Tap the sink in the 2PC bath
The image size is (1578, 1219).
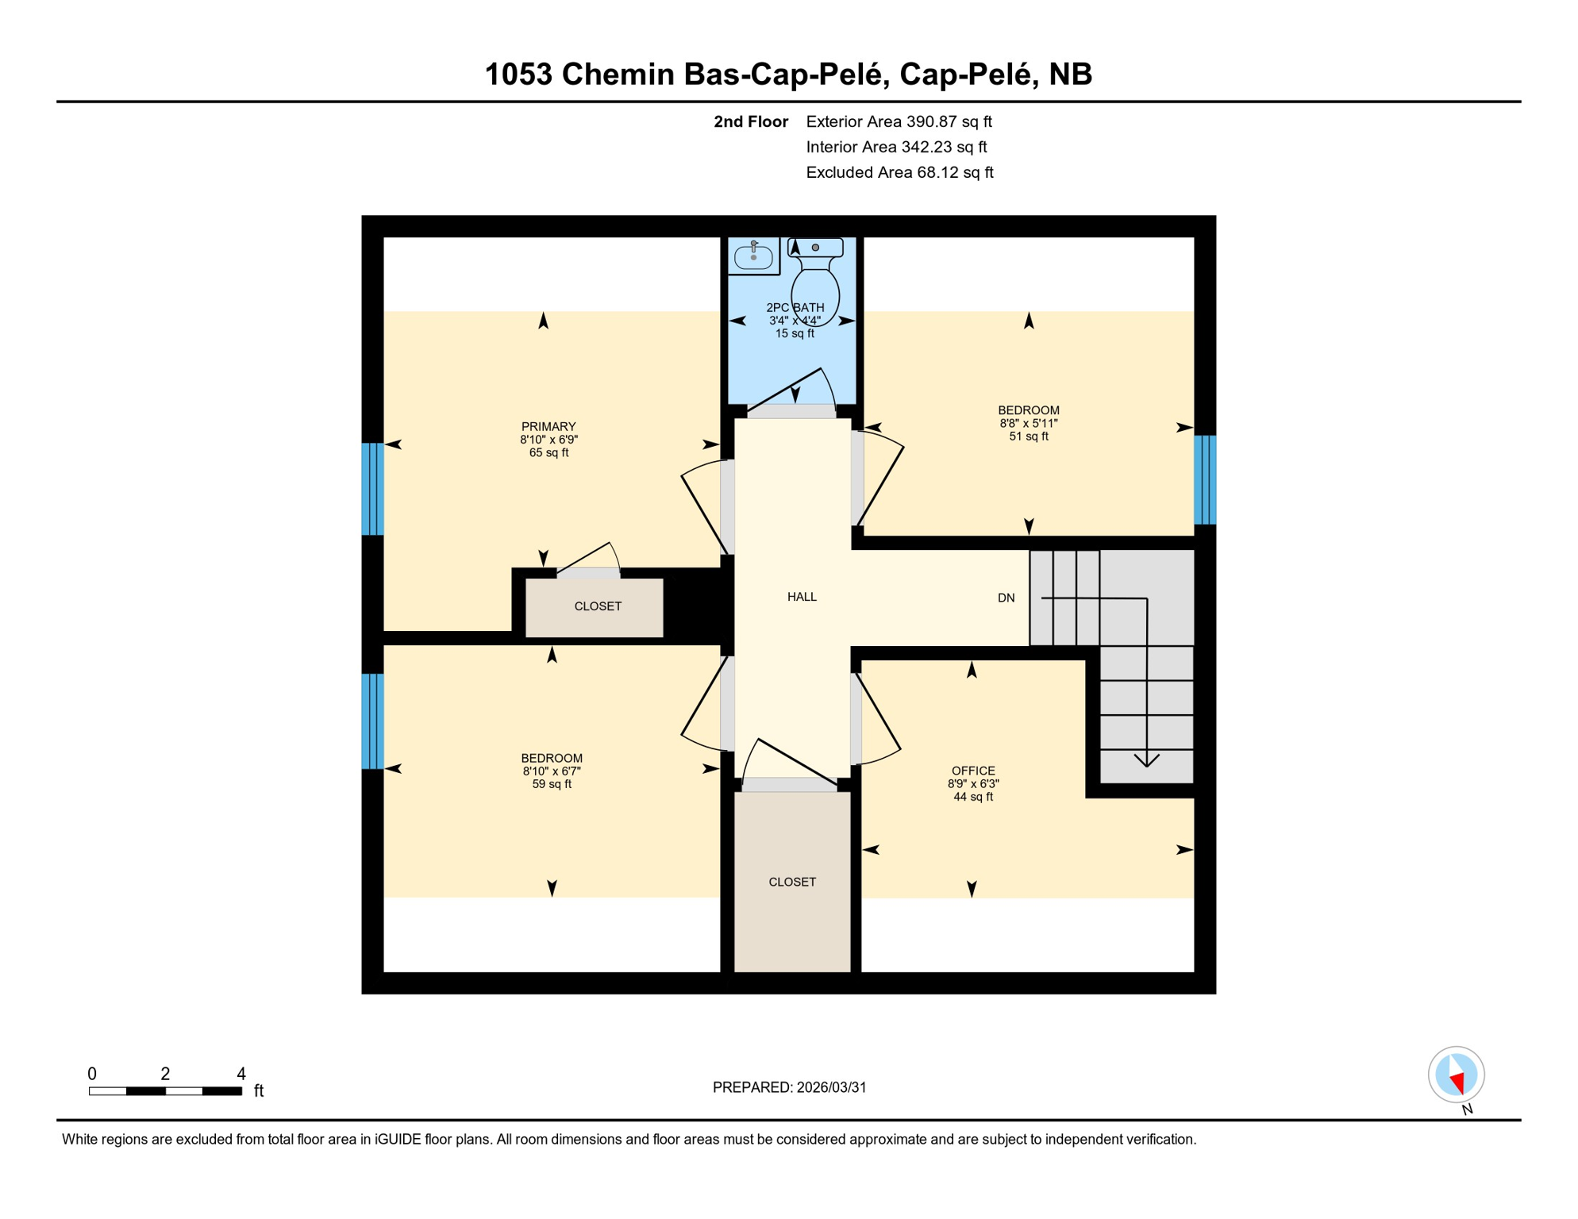pos(753,256)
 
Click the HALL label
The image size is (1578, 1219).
pos(802,597)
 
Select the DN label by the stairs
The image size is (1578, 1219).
pos(1006,598)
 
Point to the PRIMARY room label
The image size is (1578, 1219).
pos(548,426)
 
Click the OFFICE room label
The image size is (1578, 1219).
pos(973,771)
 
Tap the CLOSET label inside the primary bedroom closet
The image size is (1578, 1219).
pos(598,606)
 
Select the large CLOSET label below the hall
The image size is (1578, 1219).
pos(792,882)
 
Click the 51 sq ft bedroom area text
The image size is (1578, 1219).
pos(1029,436)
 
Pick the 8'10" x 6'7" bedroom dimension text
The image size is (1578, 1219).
pos(552,771)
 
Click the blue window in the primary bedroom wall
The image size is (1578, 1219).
pos(373,489)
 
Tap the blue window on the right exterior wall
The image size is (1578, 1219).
pos(1205,479)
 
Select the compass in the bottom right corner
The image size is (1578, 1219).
pos(1456,1075)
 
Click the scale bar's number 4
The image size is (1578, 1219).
pos(241,1074)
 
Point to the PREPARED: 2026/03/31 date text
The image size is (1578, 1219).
pos(789,1087)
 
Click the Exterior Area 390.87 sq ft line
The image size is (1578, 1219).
pos(899,121)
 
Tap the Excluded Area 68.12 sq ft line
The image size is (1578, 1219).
pos(899,172)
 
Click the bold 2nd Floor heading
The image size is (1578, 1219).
pos(750,121)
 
